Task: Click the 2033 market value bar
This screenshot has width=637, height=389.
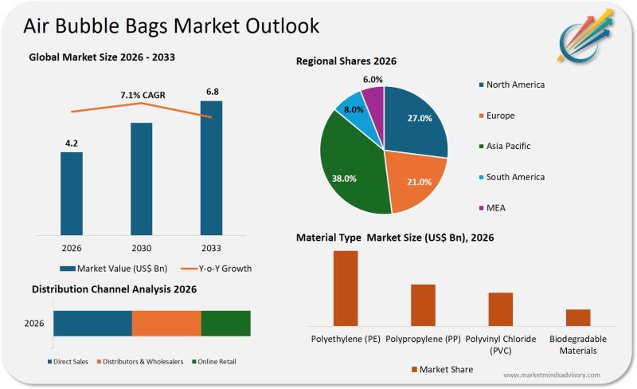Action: (x=211, y=167)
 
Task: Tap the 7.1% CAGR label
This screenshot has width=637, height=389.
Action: (x=143, y=96)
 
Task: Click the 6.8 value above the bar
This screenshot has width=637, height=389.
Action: (x=213, y=92)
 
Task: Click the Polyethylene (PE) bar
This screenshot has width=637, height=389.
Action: (x=346, y=288)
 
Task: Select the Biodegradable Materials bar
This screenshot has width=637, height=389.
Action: (x=578, y=317)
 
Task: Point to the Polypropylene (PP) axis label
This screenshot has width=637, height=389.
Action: (x=422, y=339)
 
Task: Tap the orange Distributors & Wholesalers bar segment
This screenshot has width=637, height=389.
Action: (x=166, y=324)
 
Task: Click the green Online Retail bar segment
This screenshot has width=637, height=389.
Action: (x=225, y=324)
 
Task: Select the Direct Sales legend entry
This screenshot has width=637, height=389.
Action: (x=68, y=362)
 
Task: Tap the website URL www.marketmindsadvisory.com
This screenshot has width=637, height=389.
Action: (x=552, y=374)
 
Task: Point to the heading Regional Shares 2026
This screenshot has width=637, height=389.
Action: (x=346, y=61)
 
